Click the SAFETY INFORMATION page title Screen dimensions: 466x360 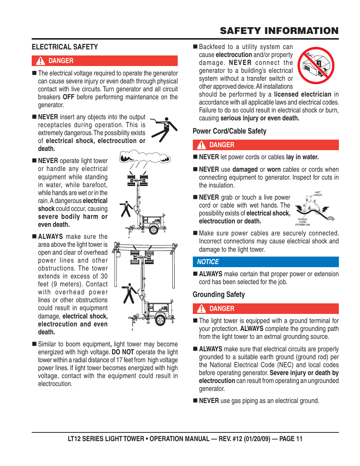click(279, 31)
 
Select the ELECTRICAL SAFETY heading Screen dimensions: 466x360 click(65, 47)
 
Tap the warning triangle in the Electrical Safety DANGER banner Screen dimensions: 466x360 click(40, 61)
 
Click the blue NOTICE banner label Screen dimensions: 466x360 click(208, 262)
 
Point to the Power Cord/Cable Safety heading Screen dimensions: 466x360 click(229, 131)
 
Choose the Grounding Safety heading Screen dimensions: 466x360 click(218, 295)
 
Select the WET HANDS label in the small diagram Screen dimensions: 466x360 click(318, 194)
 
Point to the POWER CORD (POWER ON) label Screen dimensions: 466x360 click(303, 222)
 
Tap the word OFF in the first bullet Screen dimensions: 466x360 click(68, 97)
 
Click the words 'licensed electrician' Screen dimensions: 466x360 click(303, 94)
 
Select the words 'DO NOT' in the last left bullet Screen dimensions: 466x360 click(123, 352)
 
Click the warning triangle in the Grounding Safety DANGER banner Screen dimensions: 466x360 click(202, 309)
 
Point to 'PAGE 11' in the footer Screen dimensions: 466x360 click(291, 439)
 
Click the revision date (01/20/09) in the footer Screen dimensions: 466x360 click(257, 439)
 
